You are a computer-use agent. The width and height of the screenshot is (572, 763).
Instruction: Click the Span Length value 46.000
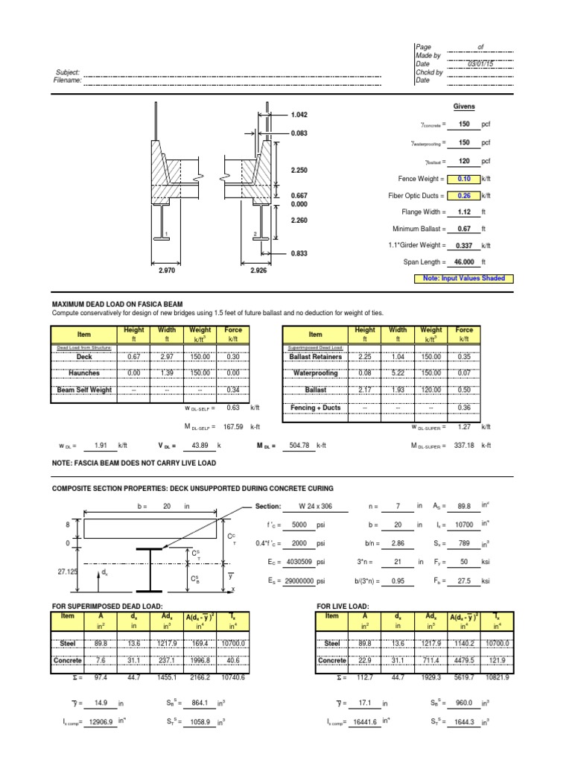[x=463, y=262]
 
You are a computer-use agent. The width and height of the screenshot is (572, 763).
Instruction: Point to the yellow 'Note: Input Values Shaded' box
[x=464, y=278]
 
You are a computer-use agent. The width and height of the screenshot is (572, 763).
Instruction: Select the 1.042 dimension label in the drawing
[x=300, y=115]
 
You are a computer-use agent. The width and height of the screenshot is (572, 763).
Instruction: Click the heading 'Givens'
[x=464, y=107]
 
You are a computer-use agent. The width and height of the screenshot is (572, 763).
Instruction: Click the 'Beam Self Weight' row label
[x=84, y=390]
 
